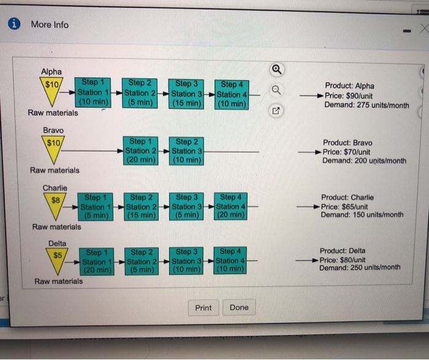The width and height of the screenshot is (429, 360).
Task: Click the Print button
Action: coord(203,308)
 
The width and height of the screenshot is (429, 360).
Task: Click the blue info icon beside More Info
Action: coord(14,23)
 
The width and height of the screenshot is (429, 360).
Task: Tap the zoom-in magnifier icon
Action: coord(276,69)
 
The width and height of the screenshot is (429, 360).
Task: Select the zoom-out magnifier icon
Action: coord(276,90)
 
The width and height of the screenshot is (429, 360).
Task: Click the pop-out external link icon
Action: coord(276,111)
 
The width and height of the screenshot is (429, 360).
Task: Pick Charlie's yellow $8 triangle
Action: coord(55,204)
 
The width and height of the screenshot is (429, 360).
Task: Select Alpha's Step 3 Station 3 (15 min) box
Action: coord(186,94)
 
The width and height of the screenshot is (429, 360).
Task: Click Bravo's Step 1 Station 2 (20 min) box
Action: coord(140,151)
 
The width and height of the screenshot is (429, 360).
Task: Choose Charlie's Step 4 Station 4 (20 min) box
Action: coord(230,206)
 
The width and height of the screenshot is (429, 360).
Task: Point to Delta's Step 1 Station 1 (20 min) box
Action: coord(97,261)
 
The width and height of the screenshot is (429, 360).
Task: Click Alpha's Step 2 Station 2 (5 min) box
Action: coord(140,93)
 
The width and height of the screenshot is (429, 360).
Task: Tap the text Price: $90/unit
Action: coord(349,96)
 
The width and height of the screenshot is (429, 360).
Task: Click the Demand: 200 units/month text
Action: coord(364,161)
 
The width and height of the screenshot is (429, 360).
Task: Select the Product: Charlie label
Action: coord(347,197)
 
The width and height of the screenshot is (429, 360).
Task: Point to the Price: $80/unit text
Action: coord(342,260)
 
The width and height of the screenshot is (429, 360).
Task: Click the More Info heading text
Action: coord(50,24)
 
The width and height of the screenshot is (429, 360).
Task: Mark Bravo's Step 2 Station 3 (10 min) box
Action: coord(186,151)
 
